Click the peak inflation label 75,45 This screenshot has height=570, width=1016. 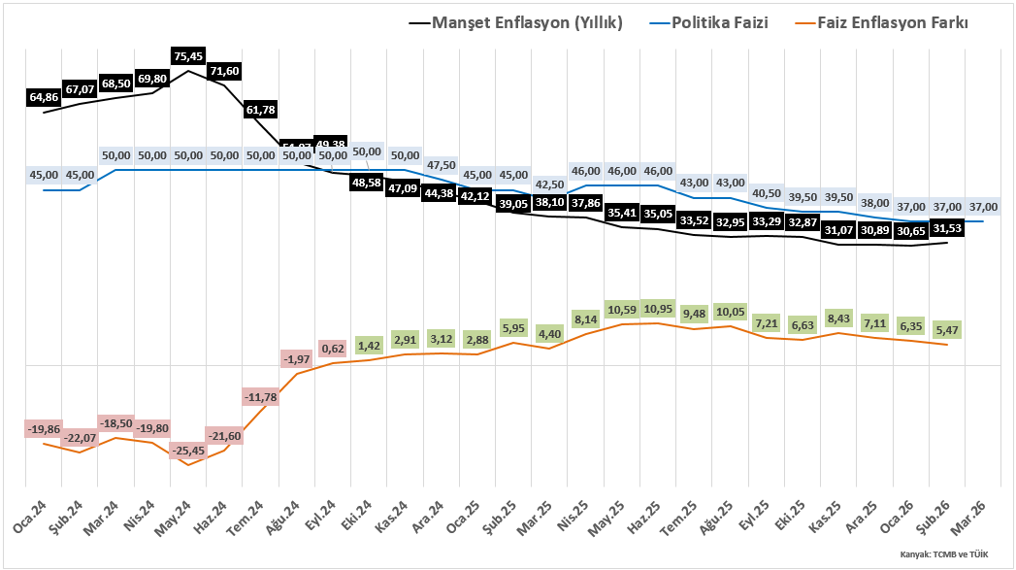[x=188, y=57]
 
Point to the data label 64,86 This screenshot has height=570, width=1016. [x=44, y=97]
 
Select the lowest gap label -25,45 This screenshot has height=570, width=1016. [x=188, y=451]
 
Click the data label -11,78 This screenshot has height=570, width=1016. [x=261, y=397]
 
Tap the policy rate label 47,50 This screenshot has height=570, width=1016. [x=441, y=165]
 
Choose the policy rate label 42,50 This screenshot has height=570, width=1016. [x=549, y=184]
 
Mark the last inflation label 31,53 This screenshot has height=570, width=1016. [x=947, y=229]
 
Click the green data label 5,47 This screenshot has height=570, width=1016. [x=947, y=331]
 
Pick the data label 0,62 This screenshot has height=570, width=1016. [x=333, y=349]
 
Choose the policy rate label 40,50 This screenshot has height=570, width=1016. [x=767, y=193]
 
